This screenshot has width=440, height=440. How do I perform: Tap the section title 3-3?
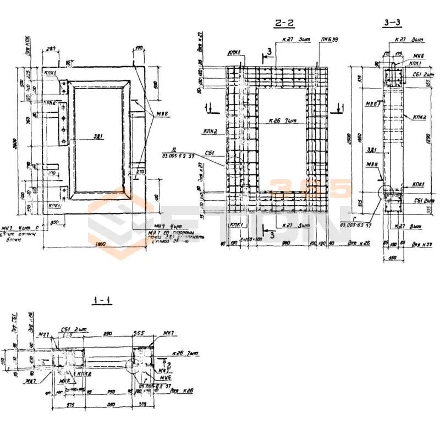click(393, 23)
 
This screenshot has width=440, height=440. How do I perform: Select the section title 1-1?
click(102, 300)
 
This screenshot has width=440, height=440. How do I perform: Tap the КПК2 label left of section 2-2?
click(209, 132)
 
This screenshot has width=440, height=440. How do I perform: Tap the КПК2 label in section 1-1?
click(84, 374)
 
